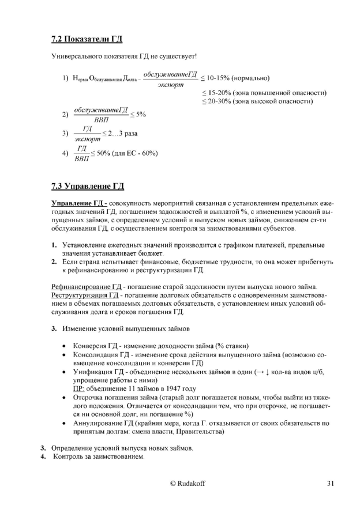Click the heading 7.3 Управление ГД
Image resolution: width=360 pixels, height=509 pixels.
coord(87,186)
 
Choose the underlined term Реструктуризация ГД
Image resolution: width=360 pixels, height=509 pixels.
coord(81,295)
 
